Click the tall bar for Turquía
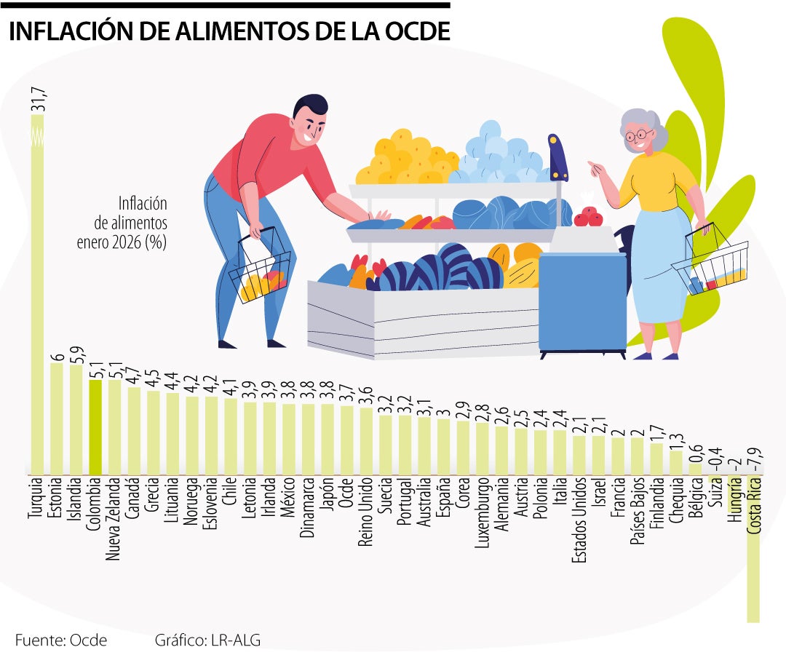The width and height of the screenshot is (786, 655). pos(37,291)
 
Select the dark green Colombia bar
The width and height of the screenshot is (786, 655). pos(95,426)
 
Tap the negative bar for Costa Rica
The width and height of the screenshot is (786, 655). pos(753,553)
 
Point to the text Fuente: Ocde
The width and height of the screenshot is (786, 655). pos(60,640)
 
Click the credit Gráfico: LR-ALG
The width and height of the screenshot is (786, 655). pos(207,640)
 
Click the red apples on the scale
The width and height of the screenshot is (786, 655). pos(587,216)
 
